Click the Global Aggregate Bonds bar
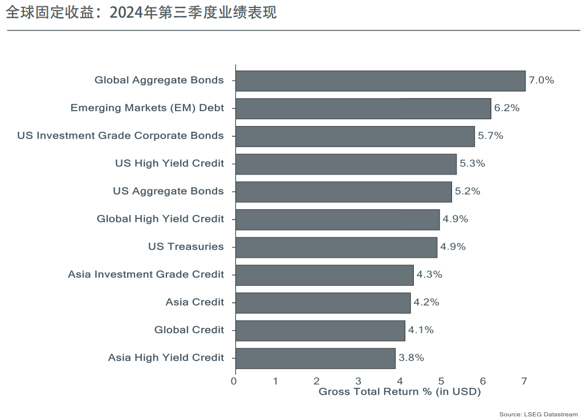(380, 80)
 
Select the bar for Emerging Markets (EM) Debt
(363, 108)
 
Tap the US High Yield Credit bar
(345, 164)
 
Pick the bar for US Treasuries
(336, 247)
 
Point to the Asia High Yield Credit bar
(315, 358)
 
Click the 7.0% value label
(541, 80)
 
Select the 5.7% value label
(490, 136)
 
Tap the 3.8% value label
(411, 358)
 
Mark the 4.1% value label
(421, 330)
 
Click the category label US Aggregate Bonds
(168, 192)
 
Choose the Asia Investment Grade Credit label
(146, 275)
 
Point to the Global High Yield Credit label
(160, 219)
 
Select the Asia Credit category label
(195, 302)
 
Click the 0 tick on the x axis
(234, 381)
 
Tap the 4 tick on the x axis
(400, 381)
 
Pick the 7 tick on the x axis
(524, 381)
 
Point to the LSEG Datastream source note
(538, 414)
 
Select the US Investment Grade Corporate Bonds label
(120, 136)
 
